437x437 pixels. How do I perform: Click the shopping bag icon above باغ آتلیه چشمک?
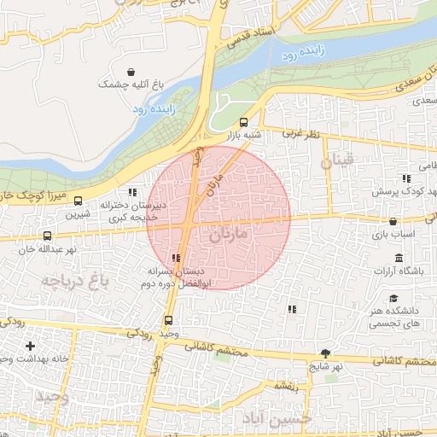131,72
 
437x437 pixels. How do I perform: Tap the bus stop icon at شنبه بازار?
244,122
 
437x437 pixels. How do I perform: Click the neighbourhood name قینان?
336,160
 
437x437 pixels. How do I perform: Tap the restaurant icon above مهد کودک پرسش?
406,178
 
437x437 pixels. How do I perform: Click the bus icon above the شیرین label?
79,201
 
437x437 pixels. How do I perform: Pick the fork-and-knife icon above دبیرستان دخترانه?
131,192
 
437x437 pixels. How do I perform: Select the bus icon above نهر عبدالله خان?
47,236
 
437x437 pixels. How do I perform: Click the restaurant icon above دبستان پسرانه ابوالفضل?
176,257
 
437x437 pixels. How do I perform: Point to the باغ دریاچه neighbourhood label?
75,280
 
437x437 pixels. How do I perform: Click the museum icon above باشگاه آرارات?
399,259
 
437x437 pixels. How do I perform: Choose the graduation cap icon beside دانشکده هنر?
393,298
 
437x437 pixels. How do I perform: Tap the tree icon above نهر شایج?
325,353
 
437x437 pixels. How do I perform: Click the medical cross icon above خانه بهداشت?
31,346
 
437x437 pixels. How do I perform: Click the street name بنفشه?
283,387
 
